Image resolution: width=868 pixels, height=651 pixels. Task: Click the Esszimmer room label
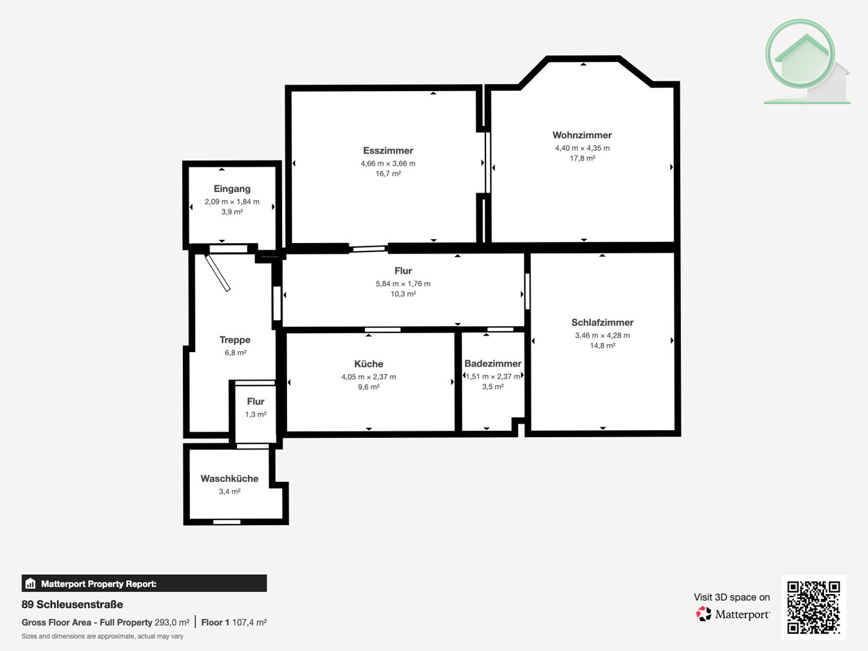pos(388,151)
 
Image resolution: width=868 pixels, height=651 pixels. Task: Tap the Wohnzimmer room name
pos(582,135)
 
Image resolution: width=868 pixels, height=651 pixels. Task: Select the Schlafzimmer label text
pos(602,322)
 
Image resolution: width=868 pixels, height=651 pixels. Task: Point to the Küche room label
pos(368,364)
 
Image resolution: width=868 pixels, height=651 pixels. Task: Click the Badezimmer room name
pos(493,363)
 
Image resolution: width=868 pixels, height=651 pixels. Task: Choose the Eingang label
pos(232,188)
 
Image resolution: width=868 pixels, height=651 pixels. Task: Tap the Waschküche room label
pos(229,479)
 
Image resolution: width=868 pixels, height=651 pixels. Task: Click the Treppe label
pos(235,340)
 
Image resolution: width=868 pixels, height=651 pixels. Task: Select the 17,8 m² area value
pos(582,158)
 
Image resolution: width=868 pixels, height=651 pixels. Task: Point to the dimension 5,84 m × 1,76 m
pos(403,284)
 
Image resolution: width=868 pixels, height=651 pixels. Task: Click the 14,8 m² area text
pos(602,345)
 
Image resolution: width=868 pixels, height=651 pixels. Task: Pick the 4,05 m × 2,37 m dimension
pos(368,377)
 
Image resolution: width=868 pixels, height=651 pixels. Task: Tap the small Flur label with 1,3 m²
pos(255,402)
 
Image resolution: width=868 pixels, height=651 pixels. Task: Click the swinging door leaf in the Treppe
pos(218,273)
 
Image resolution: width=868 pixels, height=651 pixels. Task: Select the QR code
pos(813,607)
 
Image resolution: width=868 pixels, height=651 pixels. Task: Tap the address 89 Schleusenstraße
pos(72,604)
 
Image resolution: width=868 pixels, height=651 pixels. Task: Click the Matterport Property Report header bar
pos(144,583)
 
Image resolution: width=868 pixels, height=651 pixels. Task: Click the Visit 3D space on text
pos(732,597)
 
